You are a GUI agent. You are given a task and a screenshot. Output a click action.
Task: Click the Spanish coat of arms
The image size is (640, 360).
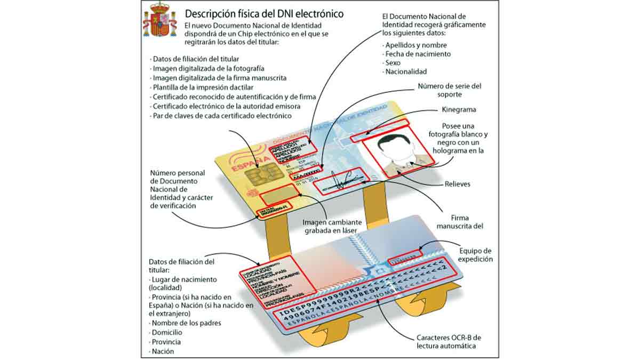click(159, 20)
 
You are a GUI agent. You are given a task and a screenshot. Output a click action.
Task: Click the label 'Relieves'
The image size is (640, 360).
click(458, 185)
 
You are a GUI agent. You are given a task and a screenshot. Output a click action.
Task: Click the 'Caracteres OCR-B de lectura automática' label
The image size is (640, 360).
click(449, 342)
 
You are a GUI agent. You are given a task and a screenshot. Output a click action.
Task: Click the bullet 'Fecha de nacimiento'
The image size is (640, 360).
click(418, 54)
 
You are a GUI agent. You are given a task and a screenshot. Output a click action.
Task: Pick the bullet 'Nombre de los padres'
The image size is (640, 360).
click(186, 323)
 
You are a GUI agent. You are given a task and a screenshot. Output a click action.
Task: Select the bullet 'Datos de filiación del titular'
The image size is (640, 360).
click(196, 59)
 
